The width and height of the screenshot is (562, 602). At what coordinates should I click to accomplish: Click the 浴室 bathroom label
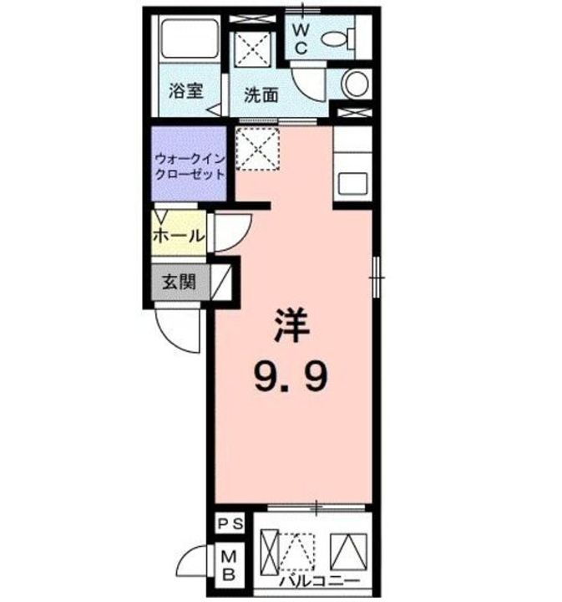[x=185, y=92]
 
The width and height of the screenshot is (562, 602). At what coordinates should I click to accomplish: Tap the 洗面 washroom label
[x=261, y=94]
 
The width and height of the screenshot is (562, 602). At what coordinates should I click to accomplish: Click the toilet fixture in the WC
[x=337, y=38]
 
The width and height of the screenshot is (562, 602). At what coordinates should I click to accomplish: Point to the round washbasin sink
[x=357, y=84]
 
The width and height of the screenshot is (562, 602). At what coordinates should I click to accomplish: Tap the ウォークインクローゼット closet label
[x=189, y=166]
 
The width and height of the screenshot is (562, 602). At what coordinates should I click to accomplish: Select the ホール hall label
[x=178, y=236]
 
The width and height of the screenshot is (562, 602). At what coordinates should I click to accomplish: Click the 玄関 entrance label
[x=177, y=282]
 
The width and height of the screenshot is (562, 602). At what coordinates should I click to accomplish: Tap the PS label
[x=230, y=524]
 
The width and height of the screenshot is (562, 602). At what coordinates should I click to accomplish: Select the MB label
[x=230, y=564]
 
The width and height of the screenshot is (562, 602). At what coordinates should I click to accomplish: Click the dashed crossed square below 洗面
[x=258, y=150]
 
